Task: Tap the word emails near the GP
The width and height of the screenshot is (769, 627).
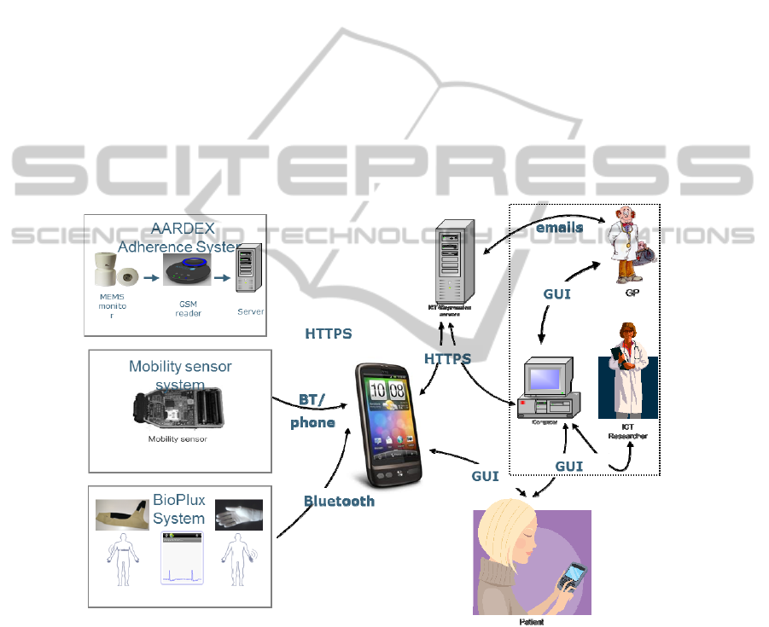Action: (559, 228)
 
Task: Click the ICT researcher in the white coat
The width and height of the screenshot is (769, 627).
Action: (627, 370)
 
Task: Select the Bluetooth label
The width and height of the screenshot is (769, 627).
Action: (339, 501)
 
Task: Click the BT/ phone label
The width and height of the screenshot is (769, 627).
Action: (312, 410)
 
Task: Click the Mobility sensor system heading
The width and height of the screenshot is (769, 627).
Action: (180, 374)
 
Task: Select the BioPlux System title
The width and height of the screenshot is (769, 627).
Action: (178, 510)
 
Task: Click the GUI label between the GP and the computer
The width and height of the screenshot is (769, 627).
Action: (556, 293)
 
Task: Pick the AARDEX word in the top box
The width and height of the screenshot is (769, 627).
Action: (179, 229)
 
